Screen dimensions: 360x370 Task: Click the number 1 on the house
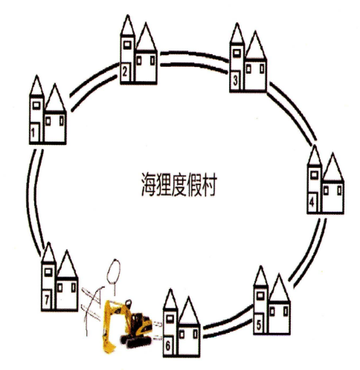[x=33, y=133]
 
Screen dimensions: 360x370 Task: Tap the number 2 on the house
[x=125, y=71]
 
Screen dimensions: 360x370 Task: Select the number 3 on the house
[x=235, y=80]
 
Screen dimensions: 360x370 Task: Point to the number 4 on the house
[x=312, y=202]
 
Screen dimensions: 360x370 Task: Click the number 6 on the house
[x=168, y=346]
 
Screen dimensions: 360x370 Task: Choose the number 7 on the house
[x=47, y=300]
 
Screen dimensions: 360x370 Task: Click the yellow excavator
[x=127, y=325]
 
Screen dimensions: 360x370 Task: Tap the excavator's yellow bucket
[x=109, y=343]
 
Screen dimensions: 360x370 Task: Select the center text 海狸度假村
[x=179, y=185]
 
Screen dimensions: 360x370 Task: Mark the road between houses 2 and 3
[x=193, y=59]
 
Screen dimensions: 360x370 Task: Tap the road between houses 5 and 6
[x=228, y=322]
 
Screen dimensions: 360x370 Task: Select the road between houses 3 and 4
[x=293, y=113]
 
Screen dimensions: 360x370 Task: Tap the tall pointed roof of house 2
[x=128, y=25]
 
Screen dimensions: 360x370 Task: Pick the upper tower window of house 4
[x=315, y=175]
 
